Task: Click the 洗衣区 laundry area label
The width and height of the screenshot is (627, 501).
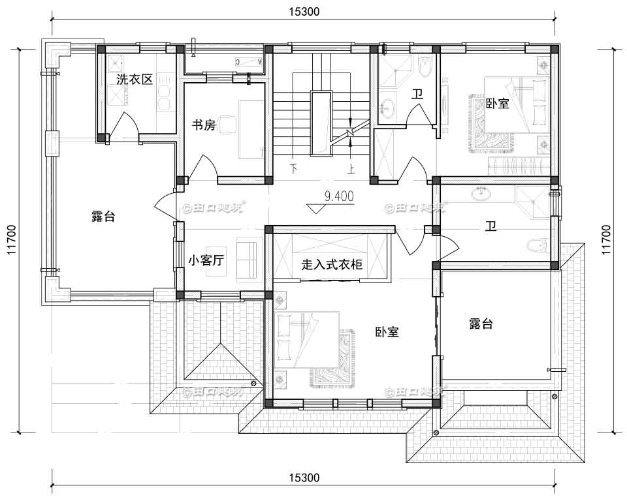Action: click(134, 80)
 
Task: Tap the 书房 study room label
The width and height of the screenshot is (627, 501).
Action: click(202, 125)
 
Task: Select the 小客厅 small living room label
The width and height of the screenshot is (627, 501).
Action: click(206, 260)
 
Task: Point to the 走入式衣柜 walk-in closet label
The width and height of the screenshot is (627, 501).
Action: click(332, 265)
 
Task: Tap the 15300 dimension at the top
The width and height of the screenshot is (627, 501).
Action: click(303, 11)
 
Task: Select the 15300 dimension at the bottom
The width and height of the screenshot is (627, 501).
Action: click(303, 478)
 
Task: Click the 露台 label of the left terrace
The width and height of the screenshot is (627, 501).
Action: click(103, 217)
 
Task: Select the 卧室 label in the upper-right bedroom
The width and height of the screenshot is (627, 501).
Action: click(498, 103)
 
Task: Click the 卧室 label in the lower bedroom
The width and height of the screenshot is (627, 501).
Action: click(387, 331)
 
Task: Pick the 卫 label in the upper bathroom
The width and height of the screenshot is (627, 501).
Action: click(417, 93)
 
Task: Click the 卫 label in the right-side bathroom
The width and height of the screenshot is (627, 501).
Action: click(490, 226)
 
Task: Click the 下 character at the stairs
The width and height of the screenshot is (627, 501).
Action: click(293, 169)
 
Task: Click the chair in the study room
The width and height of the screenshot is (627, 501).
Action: click(227, 124)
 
